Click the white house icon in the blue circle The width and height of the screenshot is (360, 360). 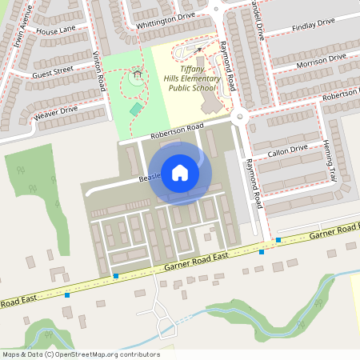pyautogui.click(x=180, y=171)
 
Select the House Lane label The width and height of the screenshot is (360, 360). pyautogui.click(x=55, y=30)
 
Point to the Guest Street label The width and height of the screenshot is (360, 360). pyautogui.click(x=53, y=70)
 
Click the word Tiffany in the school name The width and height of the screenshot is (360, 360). pyautogui.click(x=183, y=69)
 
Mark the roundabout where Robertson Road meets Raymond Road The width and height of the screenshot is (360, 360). pyautogui.click(x=239, y=118)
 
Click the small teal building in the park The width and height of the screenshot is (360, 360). pyautogui.click(x=137, y=108)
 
